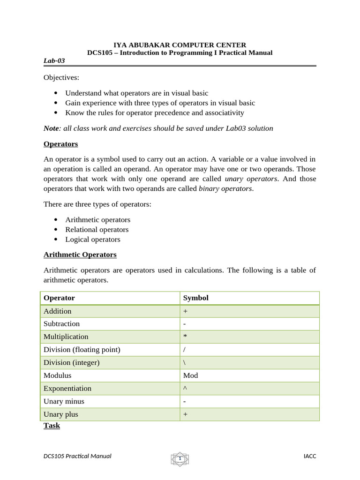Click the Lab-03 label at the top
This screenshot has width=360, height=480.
[54, 60]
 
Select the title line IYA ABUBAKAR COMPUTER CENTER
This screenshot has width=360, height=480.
[180, 45]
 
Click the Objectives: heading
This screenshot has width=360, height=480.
[61, 77]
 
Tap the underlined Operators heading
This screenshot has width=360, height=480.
[60, 144]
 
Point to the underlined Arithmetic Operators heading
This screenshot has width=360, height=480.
[80, 255]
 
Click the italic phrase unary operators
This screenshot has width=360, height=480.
[251, 179]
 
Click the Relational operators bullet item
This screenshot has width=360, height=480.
[97, 229]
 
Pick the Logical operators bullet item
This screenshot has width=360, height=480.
[92, 239]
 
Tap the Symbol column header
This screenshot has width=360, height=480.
[195, 298]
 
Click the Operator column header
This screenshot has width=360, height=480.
[59, 298]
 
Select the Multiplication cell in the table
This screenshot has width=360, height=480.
[66, 337]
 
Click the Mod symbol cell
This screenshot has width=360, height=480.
[190, 375]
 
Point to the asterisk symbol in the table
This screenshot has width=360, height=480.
[185, 337]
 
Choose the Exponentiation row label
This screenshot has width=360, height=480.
[67, 388]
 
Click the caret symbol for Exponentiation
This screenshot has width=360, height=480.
[185, 388]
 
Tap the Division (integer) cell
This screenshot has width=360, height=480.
[71, 362]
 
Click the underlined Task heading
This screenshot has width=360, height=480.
[52, 425]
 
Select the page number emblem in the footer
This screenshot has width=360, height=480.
[180, 458]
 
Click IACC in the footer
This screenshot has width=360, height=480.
[310, 456]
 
